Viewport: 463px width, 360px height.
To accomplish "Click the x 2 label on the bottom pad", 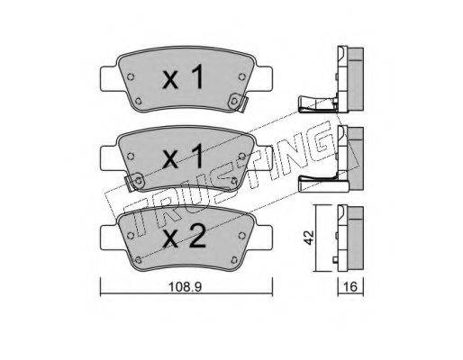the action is (x=184, y=237).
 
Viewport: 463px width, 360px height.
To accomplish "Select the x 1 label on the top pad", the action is (x=183, y=78).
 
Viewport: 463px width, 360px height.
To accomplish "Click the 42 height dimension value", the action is (x=309, y=238).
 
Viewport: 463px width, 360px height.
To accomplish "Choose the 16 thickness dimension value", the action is (x=350, y=287).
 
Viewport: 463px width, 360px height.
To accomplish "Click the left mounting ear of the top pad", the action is (x=109, y=78).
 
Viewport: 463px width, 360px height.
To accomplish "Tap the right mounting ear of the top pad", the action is (x=263, y=78).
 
